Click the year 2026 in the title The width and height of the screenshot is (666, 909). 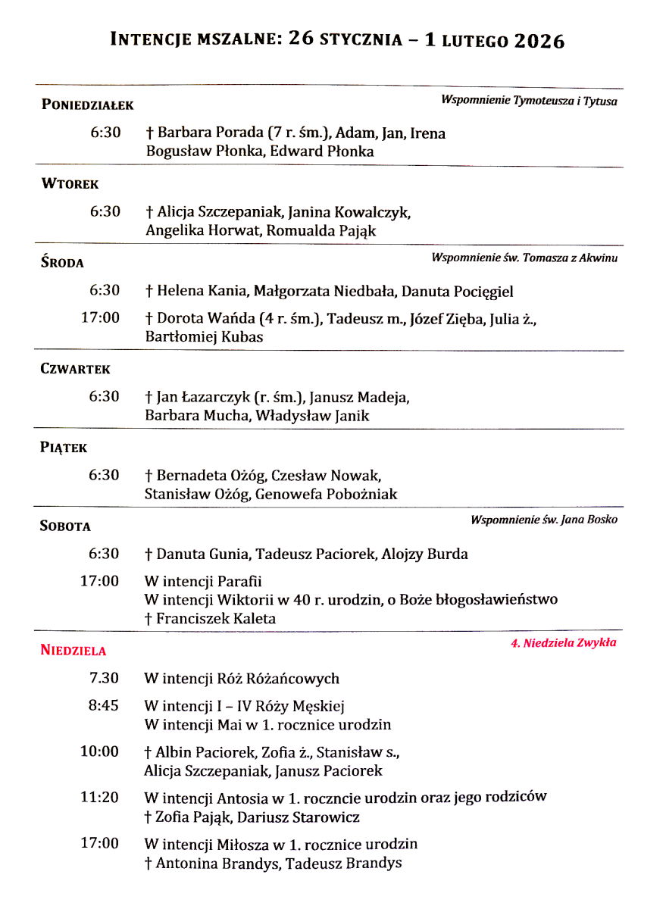click(x=539, y=40)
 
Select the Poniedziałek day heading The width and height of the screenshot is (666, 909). click(x=87, y=105)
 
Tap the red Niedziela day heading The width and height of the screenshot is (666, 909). click(x=73, y=650)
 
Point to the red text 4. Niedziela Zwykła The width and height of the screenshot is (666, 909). click(x=563, y=643)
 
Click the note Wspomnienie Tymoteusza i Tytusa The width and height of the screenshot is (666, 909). click(x=529, y=101)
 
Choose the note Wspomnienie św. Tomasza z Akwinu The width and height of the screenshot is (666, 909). click(x=524, y=258)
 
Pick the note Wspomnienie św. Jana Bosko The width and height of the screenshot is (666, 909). click(x=543, y=520)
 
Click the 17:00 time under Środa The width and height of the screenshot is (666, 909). click(x=100, y=317)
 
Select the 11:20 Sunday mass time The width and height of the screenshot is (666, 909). click(x=100, y=797)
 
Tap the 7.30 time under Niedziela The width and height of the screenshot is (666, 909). click(x=104, y=678)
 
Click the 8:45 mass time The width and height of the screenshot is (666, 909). click(x=104, y=705)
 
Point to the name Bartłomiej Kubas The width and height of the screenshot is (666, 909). click(x=204, y=338)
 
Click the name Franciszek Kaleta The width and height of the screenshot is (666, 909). click(x=216, y=619)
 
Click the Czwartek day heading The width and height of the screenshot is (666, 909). click(x=75, y=370)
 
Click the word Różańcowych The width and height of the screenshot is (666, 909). click(x=292, y=679)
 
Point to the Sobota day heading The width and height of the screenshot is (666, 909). click(x=65, y=526)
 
